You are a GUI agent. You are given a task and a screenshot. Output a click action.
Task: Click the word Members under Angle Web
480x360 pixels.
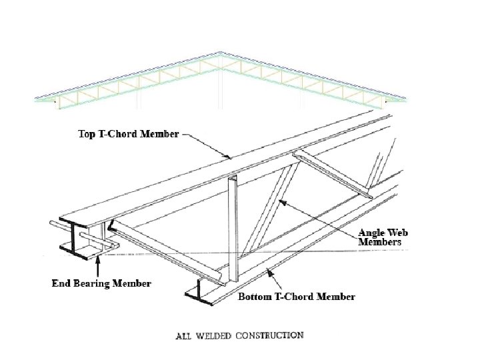[x=381, y=243]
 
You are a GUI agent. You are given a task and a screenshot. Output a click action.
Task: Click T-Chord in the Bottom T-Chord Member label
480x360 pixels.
[x=293, y=296]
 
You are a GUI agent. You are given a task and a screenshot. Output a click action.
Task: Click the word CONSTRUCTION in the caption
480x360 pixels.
[x=271, y=335]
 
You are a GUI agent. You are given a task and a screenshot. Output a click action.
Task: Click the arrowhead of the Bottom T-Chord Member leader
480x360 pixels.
[x=267, y=270]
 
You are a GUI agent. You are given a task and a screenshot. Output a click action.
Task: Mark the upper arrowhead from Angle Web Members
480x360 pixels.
[x=280, y=200]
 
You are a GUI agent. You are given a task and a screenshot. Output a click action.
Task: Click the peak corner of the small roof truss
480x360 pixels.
[x=223, y=59]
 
